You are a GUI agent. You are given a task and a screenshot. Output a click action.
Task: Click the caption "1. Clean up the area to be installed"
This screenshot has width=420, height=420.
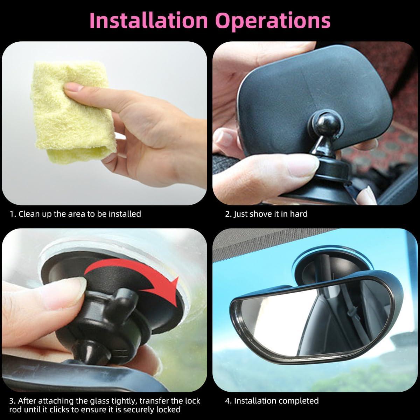pos(75,213)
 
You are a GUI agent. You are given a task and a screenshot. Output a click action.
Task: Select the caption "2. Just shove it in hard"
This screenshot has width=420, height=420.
pos(266,213)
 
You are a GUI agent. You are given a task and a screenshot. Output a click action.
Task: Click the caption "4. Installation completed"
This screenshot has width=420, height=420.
pos(272,401)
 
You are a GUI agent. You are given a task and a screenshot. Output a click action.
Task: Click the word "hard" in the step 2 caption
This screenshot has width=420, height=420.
pos(299,213)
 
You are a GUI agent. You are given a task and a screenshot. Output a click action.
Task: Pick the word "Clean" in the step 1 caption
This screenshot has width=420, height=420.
pos(29,213)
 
